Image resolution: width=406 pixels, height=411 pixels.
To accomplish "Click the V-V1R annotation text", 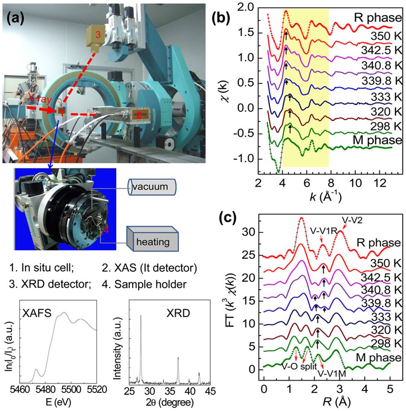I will [x=323, y=230].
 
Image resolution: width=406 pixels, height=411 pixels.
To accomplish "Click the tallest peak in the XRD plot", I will [x=141, y=316].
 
